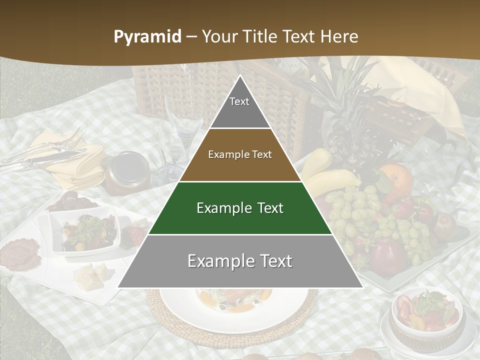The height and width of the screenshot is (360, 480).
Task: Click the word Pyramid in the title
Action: pos(147,37)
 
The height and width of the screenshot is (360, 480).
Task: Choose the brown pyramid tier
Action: pos(240,155)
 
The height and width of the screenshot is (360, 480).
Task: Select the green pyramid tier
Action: pos(240,208)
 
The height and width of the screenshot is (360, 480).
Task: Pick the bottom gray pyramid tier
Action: pos(240,261)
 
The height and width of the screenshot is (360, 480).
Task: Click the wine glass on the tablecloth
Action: pos(182,120)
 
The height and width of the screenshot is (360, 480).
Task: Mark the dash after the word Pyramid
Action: pos(191,37)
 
